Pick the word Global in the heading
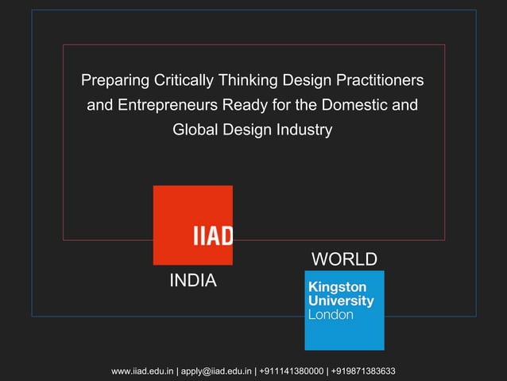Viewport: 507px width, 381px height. coord(194,129)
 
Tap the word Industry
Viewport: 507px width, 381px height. coord(304,129)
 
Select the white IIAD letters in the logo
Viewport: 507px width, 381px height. coord(212,236)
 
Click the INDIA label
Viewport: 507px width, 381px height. coord(193,282)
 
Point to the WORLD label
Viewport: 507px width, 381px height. coord(343,260)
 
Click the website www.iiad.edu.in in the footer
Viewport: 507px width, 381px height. coord(143,371)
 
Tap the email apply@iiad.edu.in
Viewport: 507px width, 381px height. coord(216,371)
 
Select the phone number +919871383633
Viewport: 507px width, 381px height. coord(363,371)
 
